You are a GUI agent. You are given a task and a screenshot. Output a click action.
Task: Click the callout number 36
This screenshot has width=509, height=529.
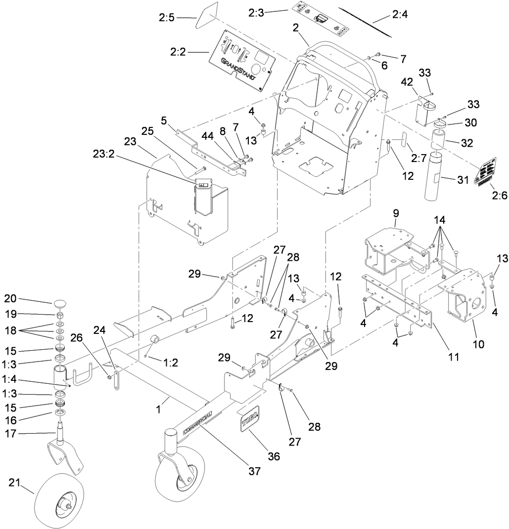[273, 456]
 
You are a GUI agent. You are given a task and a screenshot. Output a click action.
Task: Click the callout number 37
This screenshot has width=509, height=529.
[254, 472]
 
